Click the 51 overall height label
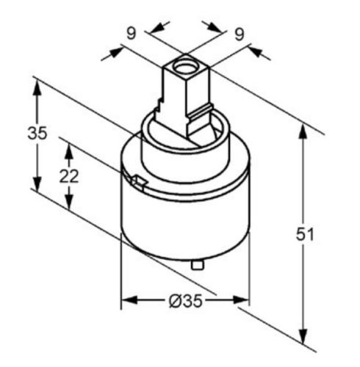click(305, 234)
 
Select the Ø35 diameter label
click(186, 301)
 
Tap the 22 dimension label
click(69, 176)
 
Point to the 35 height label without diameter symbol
click(37, 134)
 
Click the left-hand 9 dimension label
click(131, 33)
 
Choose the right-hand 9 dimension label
click(240, 34)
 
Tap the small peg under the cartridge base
click(198, 265)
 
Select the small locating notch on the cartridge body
click(139, 182)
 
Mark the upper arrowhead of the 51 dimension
click(303, 131)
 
